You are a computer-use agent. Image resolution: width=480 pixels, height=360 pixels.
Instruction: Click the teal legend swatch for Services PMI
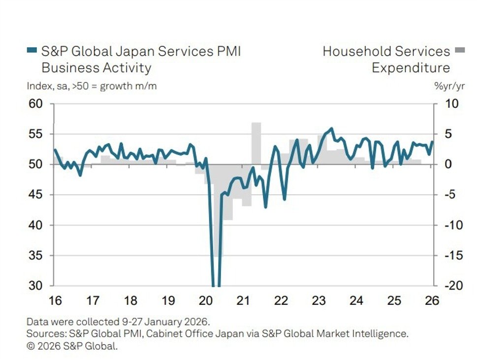click(x=32, y=50)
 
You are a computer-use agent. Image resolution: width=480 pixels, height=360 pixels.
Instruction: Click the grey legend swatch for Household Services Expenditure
click(x=460, y=50)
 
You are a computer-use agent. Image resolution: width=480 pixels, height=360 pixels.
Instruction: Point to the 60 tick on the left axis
click(x=36, y=104)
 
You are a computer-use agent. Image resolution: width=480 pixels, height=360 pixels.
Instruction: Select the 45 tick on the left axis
click(x=36, y=195)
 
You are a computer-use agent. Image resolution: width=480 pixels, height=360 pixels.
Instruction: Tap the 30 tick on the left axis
click(x=36, y=286)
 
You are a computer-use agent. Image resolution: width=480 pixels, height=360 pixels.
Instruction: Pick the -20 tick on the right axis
click(x=450, y=286)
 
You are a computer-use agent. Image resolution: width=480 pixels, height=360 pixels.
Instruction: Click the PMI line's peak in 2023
click(x=331, y=129)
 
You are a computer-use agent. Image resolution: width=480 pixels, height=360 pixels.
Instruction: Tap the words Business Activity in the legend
click(x=96, y=67)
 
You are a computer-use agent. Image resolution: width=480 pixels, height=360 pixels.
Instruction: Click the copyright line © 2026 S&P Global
click(x=72, y=346)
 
